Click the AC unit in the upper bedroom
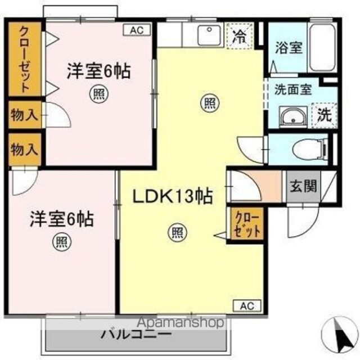[x=137, y=30]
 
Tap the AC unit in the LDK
[x=247, y=305]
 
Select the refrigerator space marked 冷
[x=240, y=36]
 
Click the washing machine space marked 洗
[x=324, y=115]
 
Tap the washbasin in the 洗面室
[x=293, y=117]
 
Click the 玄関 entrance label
[x=303, y=186]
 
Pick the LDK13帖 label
[x=173, y=196]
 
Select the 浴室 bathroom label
[x=289, y=48]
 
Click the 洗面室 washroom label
[x=293, y=89]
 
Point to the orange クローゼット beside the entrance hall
[x=247, y=224]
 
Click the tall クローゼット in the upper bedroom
[x=25, y=59]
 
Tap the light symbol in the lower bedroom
[x=62, y=242]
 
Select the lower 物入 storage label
[x=24, y=150]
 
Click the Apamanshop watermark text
[x=181, y=322]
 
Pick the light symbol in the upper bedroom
[x=99, y=94]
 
